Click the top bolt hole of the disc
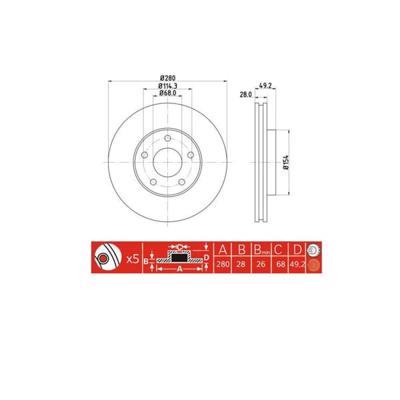[166, 138]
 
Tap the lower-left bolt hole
[152, 182]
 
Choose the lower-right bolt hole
[181, 182]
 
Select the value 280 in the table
[223, 265]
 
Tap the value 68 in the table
[279, 265]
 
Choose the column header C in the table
[279, 250]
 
